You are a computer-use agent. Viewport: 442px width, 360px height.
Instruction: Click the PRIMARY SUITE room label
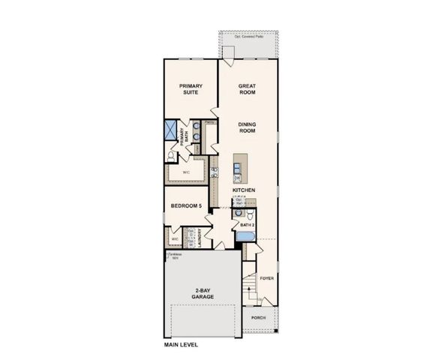click(191, 90)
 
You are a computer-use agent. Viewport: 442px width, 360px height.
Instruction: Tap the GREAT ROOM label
click(247, 90)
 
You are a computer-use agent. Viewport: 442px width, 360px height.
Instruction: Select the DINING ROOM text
click(247, 127)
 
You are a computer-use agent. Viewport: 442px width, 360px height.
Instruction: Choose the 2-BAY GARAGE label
click(203, 294)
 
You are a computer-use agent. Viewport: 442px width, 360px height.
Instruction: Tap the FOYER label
click(266, 278)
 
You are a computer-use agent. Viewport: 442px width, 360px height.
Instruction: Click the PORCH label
click(259, 316)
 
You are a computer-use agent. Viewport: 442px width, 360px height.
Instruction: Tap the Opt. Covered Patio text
click(248, 35)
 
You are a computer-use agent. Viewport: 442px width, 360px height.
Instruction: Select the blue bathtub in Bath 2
click(245, 237)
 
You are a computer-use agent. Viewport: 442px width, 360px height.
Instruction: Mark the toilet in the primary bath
click(172, 156)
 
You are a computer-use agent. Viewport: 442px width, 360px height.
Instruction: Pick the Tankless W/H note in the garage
click(173, 256)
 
